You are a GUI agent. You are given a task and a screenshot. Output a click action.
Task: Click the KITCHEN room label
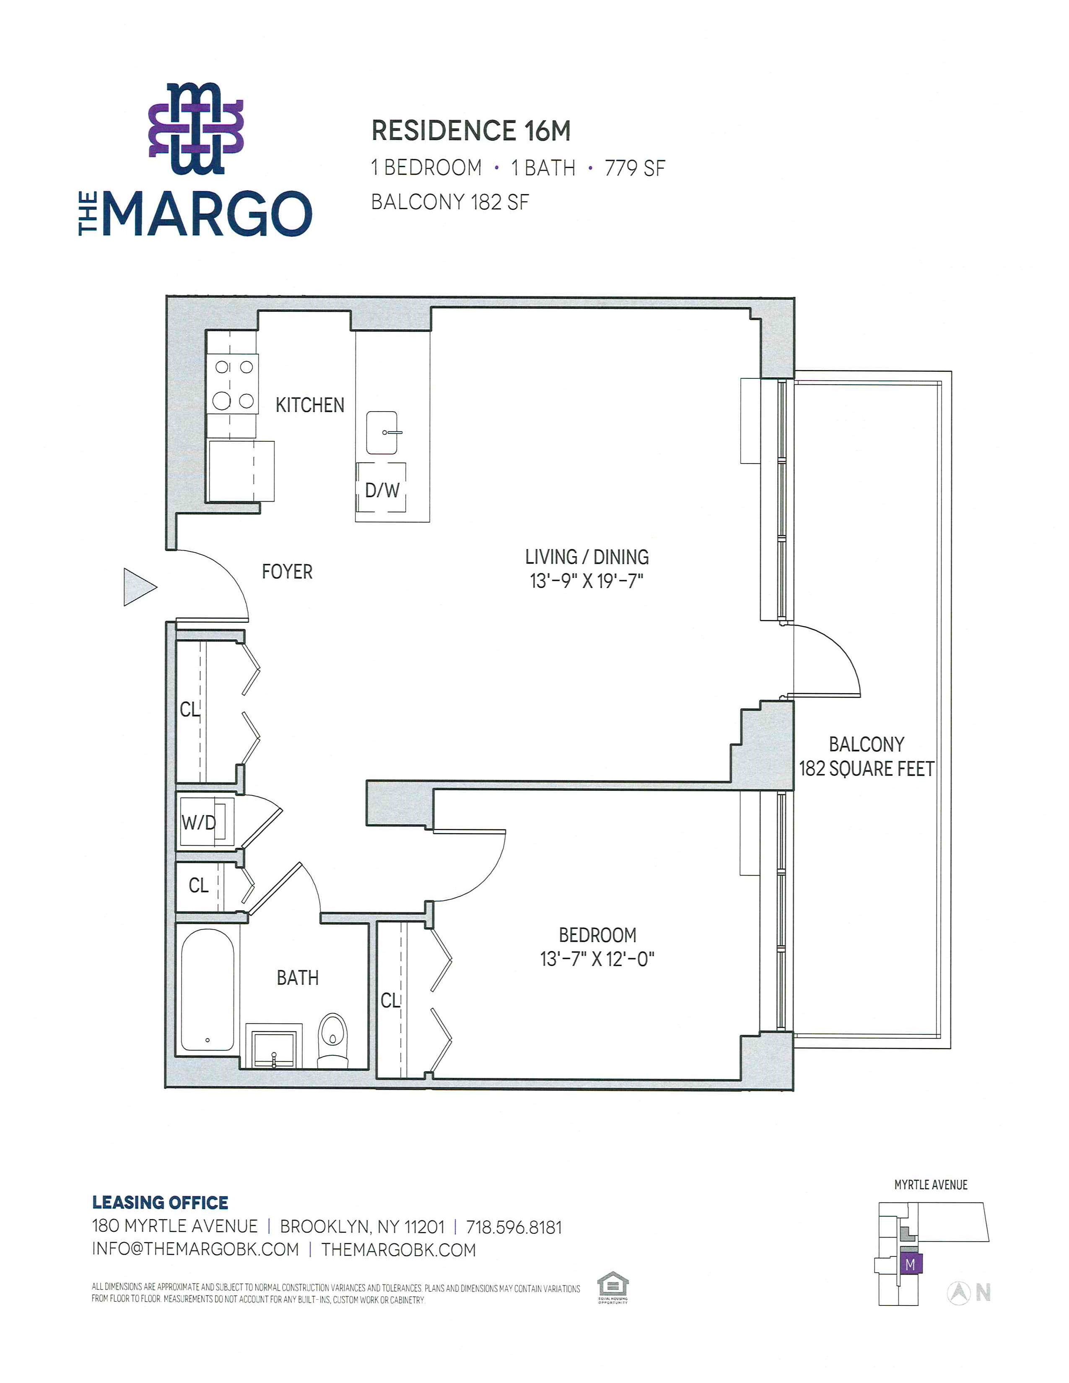pyautogui.click(x=310, y=405)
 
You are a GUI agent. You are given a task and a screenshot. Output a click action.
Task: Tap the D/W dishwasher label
pyautogui.click(x=382, y=489)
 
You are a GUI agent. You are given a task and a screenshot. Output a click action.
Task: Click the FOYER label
pyautogui.click(x=287, y=572)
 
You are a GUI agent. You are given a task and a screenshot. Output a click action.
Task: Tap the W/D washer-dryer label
pyautogui.click(x=198, y=823)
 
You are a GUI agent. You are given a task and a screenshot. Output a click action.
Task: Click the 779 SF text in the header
pyautogui.click(x=635, y=168)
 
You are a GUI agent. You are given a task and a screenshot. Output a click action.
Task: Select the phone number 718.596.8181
pyautogui.click(x=514, y=1227)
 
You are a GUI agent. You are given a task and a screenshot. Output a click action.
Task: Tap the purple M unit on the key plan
pyautogui.click(x=911, y=1264)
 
